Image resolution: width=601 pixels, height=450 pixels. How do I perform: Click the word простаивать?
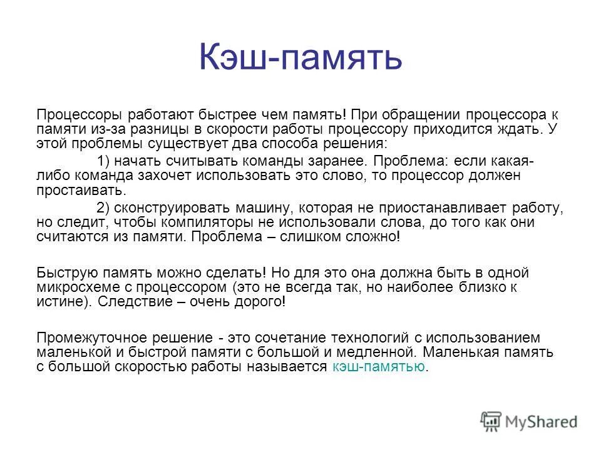pos(81,190)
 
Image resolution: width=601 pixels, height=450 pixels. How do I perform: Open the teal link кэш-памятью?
pos(378,366)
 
